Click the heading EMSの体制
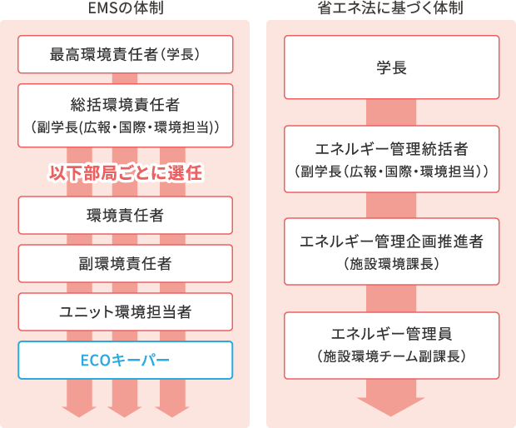pyautogui.click(x=125, y=9)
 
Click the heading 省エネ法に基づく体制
pyautogui.click(x=391, y=9)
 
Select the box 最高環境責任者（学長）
pyautogui.click(x=125, y=57)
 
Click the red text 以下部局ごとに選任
pyautogui.click(x=125, y=174)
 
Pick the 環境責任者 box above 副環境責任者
pyautogui.click(x=125, y=215)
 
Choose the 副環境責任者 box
pyautogui.click(x=125, y=263)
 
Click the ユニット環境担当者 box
pyautogui.click(x=125, y=312)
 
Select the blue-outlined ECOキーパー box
pyautogui.click(x=125, y=361)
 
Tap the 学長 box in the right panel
pyautogui.click(x=391, y=67)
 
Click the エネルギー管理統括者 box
pyautogui.click(x=391, y=158)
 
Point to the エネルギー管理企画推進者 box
pyautogui.click(x=391, y=251)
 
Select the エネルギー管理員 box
pyautogui.click(x=391, y=343)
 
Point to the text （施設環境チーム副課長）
pyautogui.click(x=391, y=356)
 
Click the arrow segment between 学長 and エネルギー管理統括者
pyautogui.click(x=391, y=112)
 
